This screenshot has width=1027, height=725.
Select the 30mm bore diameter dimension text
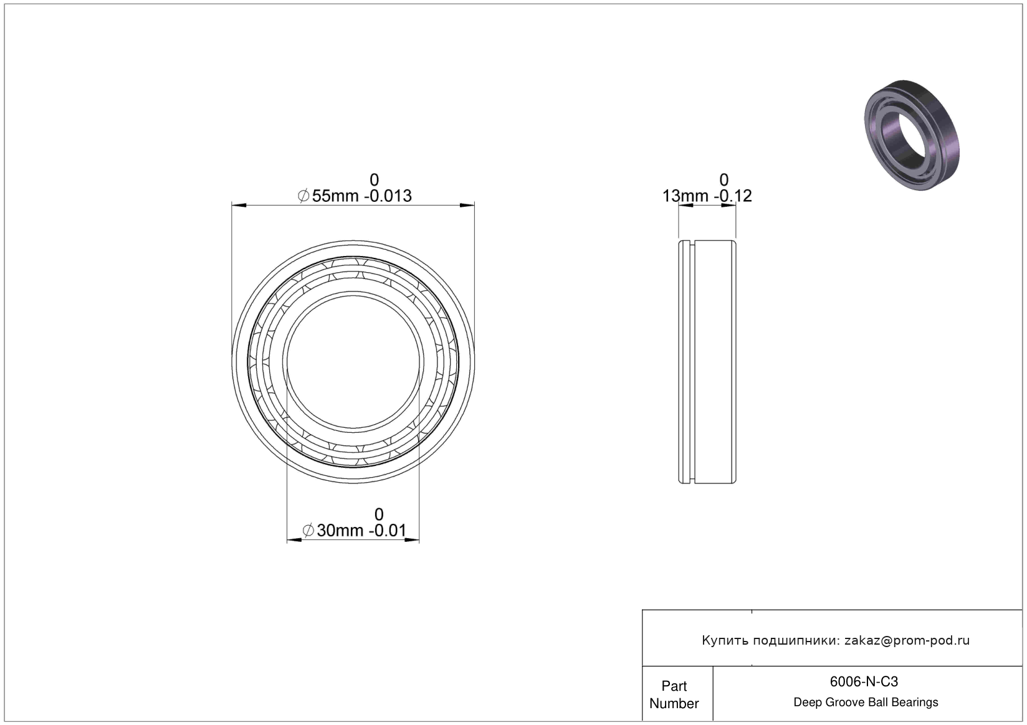click(340, 531)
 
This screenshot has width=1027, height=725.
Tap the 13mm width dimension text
click(685, 196)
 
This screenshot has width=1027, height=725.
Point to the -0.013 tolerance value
click(388, 196)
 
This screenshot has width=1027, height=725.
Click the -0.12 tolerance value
click(733, 196)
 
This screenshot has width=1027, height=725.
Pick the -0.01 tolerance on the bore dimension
click(390, 531)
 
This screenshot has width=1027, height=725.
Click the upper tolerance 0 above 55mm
click(374, 179)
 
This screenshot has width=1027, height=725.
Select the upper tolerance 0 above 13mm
click(724, 179)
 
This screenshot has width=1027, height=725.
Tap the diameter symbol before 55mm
click(303, 196)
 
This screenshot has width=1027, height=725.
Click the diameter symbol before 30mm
click(308, 531)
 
